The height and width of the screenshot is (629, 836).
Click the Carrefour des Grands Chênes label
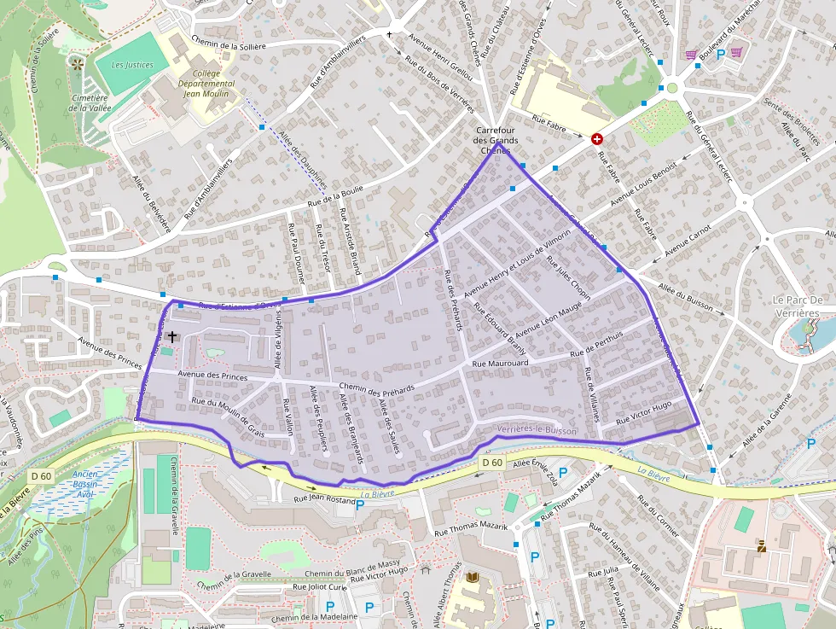pos(496,140)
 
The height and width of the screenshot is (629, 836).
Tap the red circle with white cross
pos(597,138)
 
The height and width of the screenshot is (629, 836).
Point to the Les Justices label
pos(131,65)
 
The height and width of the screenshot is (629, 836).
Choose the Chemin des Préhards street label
pos(376,388)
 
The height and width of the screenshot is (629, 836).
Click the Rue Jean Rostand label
pos(323,499)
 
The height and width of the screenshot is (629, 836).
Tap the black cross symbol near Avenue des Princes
pos(172,337)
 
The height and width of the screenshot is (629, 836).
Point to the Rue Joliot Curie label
pos(320,586)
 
